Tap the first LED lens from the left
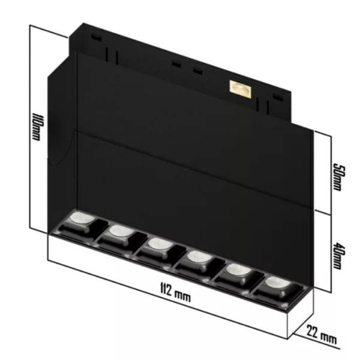point(79,218)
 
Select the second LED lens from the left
point(119,231)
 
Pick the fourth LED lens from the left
point(195,257)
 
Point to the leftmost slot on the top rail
point(94,38)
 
